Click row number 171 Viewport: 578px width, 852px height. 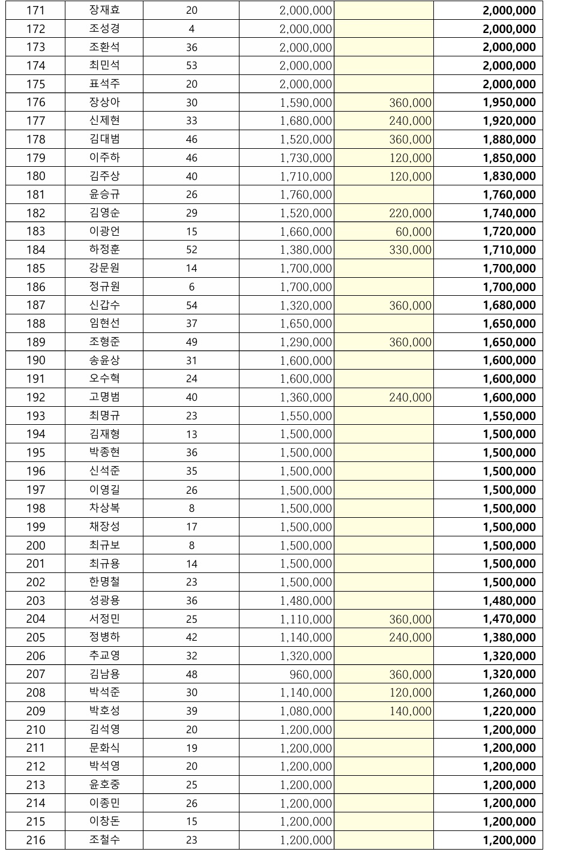pyautogui.click(x=35, y=10)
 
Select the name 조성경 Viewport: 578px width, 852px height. pyautogui.click(x=104, y=29)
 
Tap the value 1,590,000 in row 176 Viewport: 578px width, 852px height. pyautogui.click(x=306, y=103)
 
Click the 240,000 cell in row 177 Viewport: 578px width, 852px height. pyautogui.click(x=410, y=121)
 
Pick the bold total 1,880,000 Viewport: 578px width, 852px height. pyautogui.click(x=509, y=139)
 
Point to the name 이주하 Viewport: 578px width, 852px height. pyautogui.click(x=104, y=158)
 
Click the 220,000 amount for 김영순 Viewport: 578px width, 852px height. pyautogui.click(x=410, y=213)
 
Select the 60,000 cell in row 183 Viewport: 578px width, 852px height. pyautogui.click(x=413, y=232)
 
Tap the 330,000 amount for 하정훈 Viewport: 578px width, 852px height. pyautogui.click(x=410, y=250)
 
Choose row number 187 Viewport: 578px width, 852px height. pyautogui.click(x=35, y=305)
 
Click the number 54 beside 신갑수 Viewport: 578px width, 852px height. pyautogui.click(x=191, y=305)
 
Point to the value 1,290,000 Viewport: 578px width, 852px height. pyautogui.click(x=306, y=342)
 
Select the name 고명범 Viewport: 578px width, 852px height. pyautogui.click(x=104, y=397)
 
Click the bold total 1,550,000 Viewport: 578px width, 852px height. pyautogui.click(x=509, y=416)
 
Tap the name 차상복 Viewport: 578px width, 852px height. pyautogui.click(x=104, y=508)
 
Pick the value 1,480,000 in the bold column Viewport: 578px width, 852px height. pyautogui.click(x=509, y=601)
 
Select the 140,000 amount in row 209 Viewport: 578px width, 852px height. pyautogui.click(x=410, y=711)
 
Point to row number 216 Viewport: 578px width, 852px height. pyautogui.click(x=35, y=840)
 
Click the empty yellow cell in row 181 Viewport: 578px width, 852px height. pyautogui.click(x=384, y=194)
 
